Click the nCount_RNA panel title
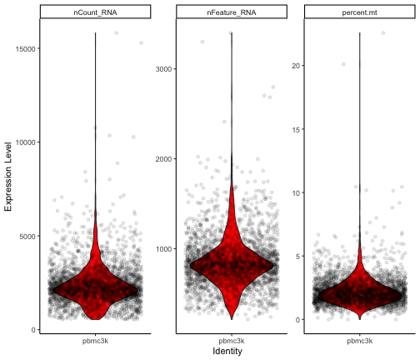pyautogui.click(x=95, y=12)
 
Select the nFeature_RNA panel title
pyautogui.click(x=232, y=12)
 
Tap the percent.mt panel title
pyautogui.click(x=359, y=12)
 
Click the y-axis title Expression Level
pyautogui.click(x=8, y=177)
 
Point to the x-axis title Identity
pyautogui.click(x=227, y=351)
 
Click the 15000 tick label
pyautogui.click(x=26, y=49)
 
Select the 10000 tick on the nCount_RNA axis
pyautogui.click(x=26, y=142)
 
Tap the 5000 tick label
pyautogui.click(x=27, y=237)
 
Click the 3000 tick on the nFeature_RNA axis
pyautogui.click(x=163, y=69)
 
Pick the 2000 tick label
pyautogui.click(x=163, y=159)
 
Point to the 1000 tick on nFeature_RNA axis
pyautogui.click(x=163, y=249)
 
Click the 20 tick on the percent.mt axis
pyautogui.click(x=296, y=66)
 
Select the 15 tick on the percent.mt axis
pyautogui.click(x=296, y=129)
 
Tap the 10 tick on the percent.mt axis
pyautogui.click(x=296, y=192)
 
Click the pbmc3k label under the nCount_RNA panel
pyautogui.click(x=95, y=342)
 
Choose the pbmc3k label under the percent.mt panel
pyautogui.click(x=360, y=342)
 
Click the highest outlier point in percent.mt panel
pyautogui.click(x=383, y=33)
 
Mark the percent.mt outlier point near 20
pyautogui.click(x=343, y=64)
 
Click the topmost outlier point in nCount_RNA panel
pyautogui.click(x=117, y=33)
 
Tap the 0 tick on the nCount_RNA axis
pyautogui.click(x=33, y=330)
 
